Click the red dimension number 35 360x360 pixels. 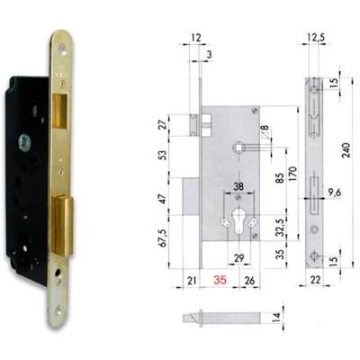[x=220, y=281]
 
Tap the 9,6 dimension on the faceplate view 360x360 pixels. [x=338, y=191]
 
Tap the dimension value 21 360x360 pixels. [x=189, y=281]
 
